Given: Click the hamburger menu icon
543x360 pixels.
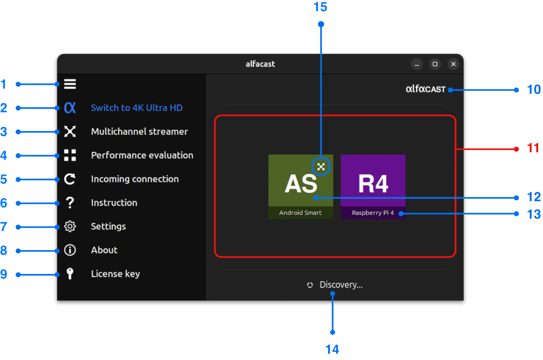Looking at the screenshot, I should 70,84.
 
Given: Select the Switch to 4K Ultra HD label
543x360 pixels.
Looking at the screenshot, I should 137,108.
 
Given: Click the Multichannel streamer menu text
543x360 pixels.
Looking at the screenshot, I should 139,131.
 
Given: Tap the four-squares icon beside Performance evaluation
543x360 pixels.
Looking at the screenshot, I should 70,155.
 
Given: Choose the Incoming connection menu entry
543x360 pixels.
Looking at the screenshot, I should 134,179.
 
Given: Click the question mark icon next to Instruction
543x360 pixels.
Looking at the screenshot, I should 70,203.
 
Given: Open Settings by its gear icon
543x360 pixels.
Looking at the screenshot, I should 70,226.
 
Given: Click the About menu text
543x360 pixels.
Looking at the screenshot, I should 104,250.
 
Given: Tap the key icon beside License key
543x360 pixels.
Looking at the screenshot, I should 70,274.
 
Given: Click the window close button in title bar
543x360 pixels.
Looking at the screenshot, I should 453,64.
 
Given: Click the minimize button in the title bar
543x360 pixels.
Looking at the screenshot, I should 417,64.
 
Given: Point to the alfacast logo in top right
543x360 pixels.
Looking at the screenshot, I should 425,89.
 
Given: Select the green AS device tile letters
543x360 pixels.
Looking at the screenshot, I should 301,183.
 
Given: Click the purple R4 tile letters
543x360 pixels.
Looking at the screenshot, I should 373,183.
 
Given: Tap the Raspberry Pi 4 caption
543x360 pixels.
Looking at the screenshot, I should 373,213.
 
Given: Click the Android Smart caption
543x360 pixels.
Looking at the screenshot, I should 300,213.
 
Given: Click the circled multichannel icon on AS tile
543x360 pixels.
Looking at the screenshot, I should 321,167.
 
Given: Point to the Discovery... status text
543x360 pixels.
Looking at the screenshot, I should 341,285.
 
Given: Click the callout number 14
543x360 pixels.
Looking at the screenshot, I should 333,349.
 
